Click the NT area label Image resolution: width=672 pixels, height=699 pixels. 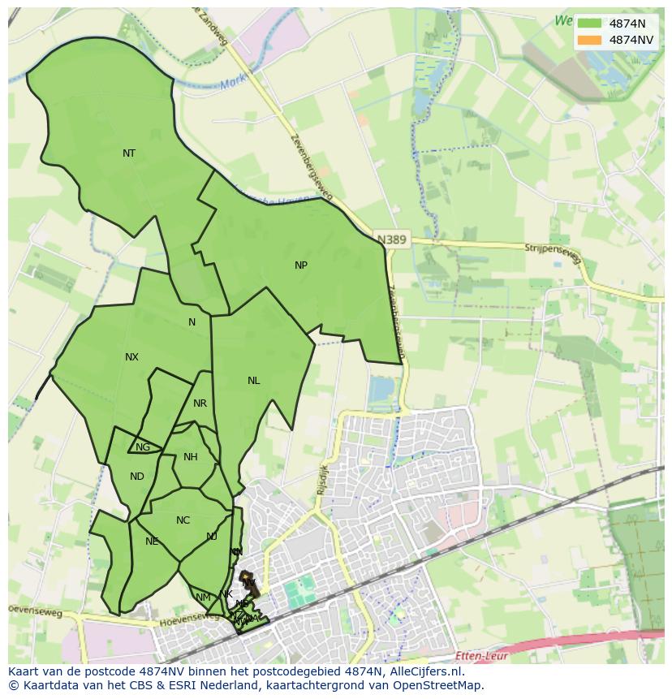coord(129,153)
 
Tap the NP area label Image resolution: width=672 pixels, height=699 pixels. coord(301,265)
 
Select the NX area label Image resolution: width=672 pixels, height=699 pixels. coord(131,357)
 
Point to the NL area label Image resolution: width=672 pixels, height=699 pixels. coord(254,381)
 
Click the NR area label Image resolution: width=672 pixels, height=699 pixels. coord(200,403)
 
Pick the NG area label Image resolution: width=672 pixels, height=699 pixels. coord(143,447)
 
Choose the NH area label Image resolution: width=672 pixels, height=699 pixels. coord(191,457)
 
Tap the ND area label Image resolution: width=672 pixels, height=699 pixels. coord(136,477)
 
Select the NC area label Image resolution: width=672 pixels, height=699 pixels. coord(183,520)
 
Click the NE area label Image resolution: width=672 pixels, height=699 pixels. coord(152,542)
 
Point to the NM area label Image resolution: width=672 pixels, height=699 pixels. coord(203,598)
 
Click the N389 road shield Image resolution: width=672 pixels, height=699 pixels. coord(393,239)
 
